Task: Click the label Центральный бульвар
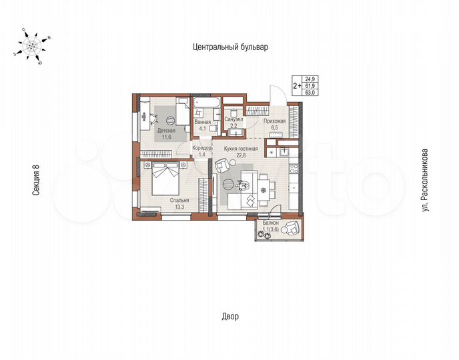tap(229, 47)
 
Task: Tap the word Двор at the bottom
tap(229, 316)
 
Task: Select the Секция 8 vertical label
tap(37, 180)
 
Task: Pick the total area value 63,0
tap(310, 93)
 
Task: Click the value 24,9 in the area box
tap(310, 79)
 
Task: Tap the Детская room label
tap(166, 131)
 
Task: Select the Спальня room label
tap(179, 200)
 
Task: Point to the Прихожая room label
tap(275, 121)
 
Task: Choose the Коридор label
tap(201, 148)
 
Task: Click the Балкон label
tap(271, 223)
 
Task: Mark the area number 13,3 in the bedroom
tap(179, 207)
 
